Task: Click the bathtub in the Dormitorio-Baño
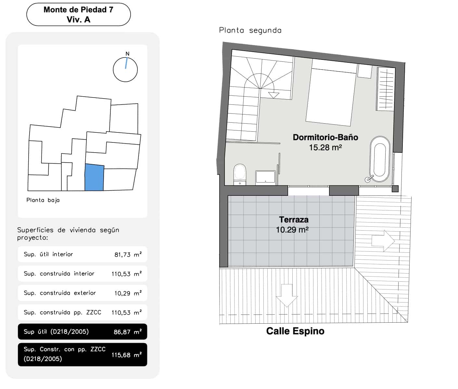pos(380,159)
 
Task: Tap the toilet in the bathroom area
pos(240,174)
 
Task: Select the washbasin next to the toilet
pos(265,178)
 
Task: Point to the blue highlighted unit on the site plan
pos(94,178)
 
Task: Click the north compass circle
pos(125,69)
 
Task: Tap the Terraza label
pos(294,220)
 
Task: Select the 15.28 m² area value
pos(325,148)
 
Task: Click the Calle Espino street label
pos(295,331)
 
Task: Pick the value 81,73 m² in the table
pos(128,255)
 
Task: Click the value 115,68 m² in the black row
pos(126,355)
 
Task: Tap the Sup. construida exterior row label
pos(60,293)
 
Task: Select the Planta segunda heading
pos(250,31)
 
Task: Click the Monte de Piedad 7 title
pos(78,10)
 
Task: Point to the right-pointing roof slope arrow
pos(383,241)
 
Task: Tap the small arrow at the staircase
pos(274,95)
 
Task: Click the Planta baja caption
pos(43,200)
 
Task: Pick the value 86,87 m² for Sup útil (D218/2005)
pos(127,332)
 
